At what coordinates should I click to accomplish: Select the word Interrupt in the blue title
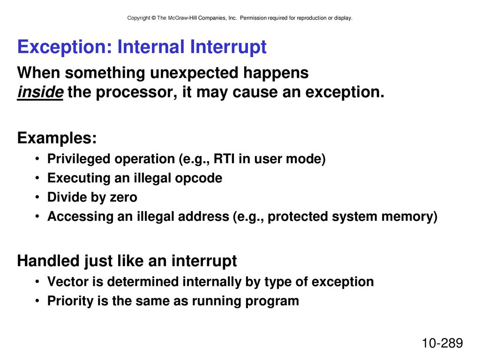[x=228, y=47]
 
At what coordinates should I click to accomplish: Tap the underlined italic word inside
[x=40, y=92]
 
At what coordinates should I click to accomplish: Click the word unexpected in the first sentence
[x=194, y=73]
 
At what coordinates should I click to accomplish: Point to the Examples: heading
[x=57, y=138]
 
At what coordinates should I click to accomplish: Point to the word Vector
[x=68, y=282]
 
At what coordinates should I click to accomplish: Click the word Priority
[x=70, y=301]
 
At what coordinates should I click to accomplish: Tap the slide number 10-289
[x=442, y=343]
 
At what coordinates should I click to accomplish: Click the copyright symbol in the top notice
[x=154, y=18]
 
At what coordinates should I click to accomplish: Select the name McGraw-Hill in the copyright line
[x=182, y=18]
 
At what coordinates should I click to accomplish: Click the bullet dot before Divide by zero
[x=37, y=197]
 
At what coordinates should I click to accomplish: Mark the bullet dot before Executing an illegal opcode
[x=37, y=178]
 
